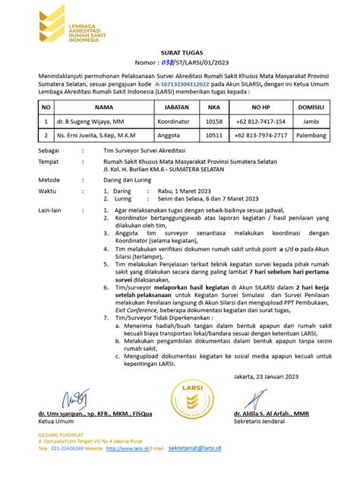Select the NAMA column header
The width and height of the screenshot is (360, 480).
[x=93, y=109]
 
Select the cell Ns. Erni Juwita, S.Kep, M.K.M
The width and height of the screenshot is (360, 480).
[x=99, y=135]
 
